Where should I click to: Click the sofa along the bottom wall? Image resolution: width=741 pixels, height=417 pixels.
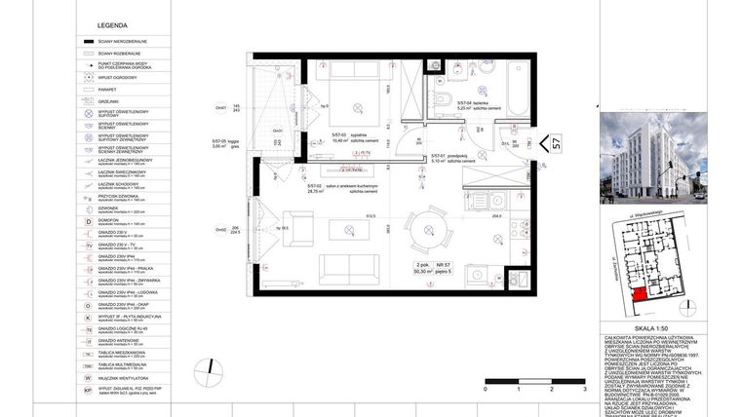(346, 268)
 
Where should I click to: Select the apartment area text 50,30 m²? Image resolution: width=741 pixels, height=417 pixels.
(427, 272)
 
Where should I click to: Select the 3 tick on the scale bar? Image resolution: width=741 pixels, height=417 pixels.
(583, 388)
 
